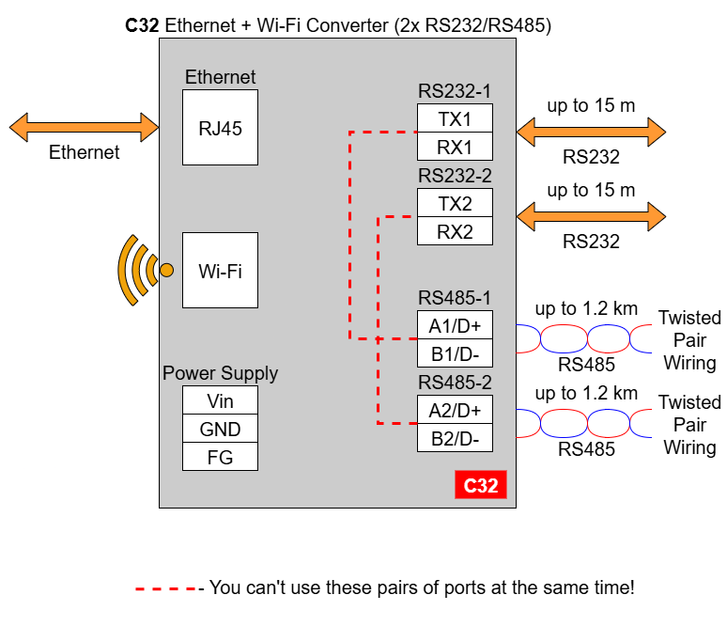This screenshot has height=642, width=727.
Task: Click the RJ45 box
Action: pos(220,128)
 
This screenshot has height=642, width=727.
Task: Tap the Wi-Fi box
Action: pos(220,270)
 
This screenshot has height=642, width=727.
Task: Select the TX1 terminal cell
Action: pos(455,118)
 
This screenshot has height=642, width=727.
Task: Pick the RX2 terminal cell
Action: pos(455,231)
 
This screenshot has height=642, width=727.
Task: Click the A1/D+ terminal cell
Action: pos(455,324)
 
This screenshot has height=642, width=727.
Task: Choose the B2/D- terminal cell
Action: pos(455,437)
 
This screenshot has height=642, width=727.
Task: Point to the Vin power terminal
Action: pos(220,399)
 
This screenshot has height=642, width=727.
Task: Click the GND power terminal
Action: pos(220,428)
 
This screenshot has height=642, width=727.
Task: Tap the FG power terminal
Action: pos(220,457)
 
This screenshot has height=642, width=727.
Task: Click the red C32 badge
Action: pos(481,485)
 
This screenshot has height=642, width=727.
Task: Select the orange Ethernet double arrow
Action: pos(84,127)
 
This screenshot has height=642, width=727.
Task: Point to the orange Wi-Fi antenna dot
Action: pos(166,270)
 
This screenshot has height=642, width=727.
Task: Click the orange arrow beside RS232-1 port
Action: pos(591,132)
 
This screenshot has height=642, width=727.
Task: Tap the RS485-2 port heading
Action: pos(455,383)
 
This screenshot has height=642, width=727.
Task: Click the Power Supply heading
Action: pos(220,373)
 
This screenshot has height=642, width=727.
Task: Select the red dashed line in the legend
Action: pos(166,589)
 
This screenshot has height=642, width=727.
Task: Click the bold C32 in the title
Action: pos(142,25)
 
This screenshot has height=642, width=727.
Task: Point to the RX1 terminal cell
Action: pos(455,147)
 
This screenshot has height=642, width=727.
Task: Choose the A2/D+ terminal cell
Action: pos(455,409)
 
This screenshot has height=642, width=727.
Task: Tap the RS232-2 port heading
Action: pos(455,176)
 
